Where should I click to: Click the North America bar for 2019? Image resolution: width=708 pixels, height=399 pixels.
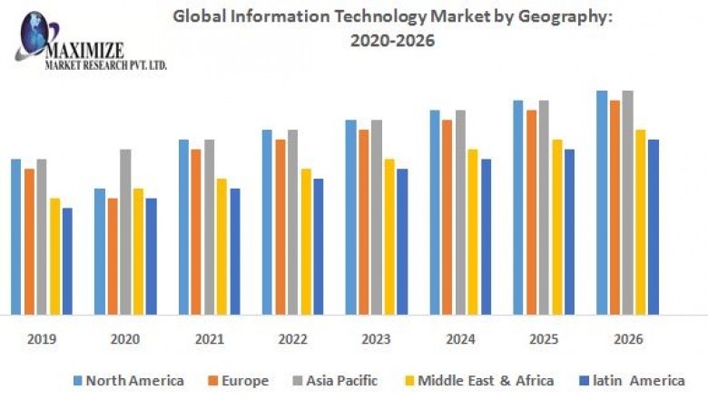15,237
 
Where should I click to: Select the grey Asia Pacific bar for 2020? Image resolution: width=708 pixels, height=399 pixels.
125,232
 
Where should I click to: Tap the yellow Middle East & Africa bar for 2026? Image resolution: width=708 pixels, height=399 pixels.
640,222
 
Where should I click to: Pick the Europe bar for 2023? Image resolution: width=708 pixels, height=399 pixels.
363,222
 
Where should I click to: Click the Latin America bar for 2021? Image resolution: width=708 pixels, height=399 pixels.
235,251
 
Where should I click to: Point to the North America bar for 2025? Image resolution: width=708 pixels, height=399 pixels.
517,208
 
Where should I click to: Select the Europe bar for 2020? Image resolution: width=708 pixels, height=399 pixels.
113,257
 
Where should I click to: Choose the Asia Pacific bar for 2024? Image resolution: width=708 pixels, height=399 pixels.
460,212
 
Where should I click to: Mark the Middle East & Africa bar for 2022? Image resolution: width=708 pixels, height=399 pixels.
306,241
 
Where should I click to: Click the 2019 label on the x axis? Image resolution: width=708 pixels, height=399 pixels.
41,339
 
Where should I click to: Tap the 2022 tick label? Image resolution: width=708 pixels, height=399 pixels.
292,339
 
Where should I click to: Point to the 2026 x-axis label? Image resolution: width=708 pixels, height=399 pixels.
627,339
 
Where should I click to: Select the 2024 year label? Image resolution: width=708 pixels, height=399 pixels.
460,339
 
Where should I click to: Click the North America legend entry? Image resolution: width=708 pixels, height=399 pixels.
127,380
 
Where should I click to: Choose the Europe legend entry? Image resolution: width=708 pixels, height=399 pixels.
239,380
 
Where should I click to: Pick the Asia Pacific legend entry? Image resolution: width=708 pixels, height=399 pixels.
335,380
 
